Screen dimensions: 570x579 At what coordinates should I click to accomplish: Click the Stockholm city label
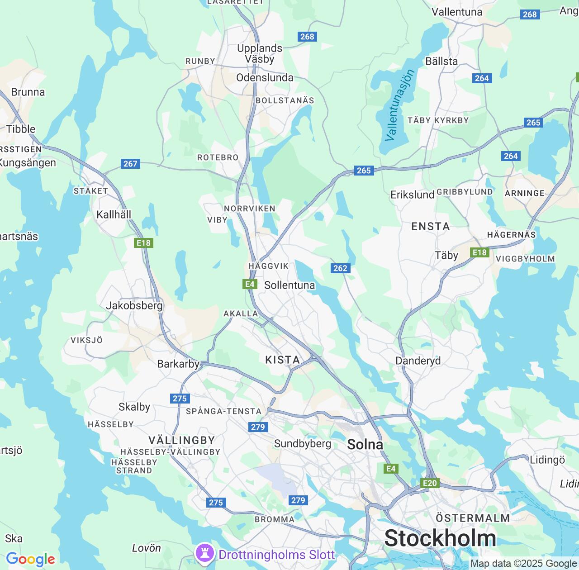(440, 538)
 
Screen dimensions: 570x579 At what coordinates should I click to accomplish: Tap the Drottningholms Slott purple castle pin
(204, 553)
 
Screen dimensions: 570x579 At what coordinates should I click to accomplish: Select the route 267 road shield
(130, 164)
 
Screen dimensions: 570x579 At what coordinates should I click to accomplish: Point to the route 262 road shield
(340, 268)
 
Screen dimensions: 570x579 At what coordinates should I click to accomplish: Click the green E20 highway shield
(430, 483)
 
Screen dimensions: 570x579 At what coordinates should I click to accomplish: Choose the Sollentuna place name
(289, 285)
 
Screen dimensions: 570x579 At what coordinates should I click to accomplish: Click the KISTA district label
(282, 360)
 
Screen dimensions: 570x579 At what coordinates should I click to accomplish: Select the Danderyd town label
(418, 361)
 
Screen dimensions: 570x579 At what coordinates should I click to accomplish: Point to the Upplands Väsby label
(260, 53)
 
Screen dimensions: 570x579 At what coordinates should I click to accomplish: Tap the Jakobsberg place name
(134, 305)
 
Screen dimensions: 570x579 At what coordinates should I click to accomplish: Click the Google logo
(30, 559)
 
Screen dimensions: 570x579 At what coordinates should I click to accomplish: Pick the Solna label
(365, 444)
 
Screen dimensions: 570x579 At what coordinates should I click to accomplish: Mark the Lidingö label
(547, 460)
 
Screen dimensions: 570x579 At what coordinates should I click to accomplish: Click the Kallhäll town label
(114, 214)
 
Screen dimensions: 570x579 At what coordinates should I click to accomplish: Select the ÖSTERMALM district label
(473, 518)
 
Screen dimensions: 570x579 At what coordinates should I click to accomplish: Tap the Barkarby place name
(178, 364)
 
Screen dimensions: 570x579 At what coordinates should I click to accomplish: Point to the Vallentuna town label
(457, 12)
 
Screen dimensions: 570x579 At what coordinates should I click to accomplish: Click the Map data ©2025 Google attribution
(523, 564)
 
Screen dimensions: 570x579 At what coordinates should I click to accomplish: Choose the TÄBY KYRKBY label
(438, 120)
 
